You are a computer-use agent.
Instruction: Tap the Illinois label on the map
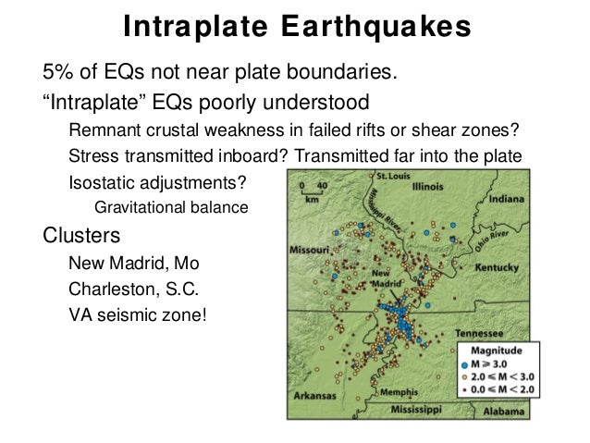(428, 185)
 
